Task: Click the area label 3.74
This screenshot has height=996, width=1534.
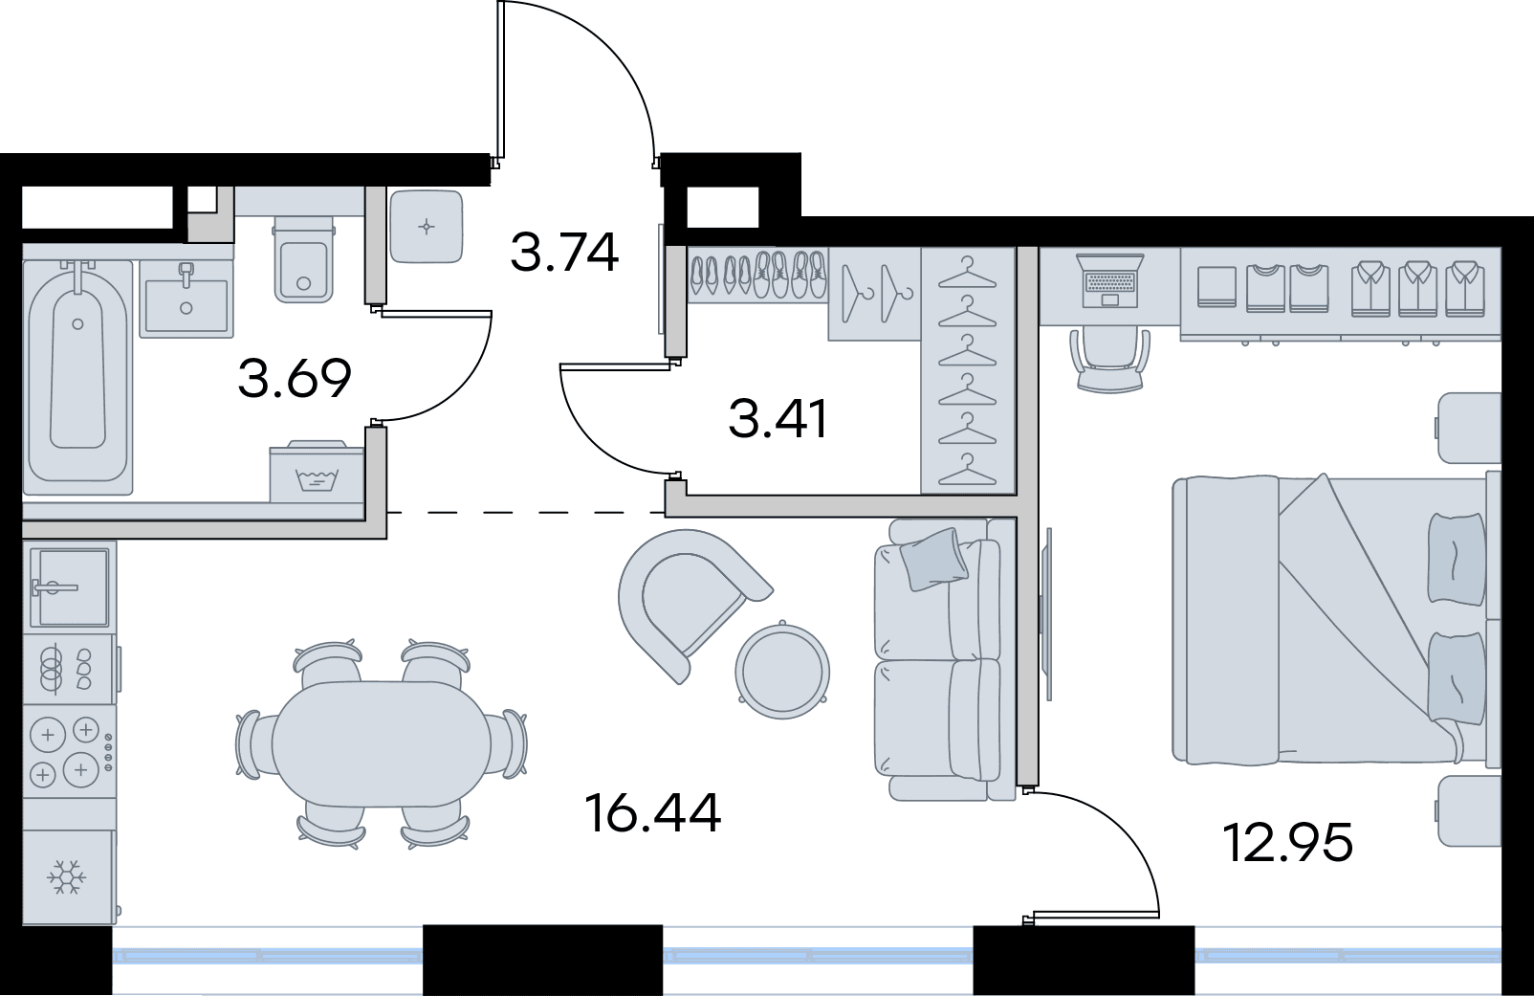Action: [565, 252]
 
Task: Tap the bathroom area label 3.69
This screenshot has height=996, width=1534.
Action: [295, 378]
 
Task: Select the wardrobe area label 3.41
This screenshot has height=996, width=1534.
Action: [778, 419]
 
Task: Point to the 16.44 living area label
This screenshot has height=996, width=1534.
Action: [654, 813]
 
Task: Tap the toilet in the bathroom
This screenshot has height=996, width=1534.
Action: [303, 260]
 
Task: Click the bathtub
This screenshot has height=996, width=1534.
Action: [77, 377]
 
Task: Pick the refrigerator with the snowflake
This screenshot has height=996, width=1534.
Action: [68, 876]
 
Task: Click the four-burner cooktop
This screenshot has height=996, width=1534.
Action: [69, 751]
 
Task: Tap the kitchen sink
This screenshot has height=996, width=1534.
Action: [69, 587]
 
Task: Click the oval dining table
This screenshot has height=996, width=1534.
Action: [382, 744]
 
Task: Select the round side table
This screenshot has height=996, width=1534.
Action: [782, 670]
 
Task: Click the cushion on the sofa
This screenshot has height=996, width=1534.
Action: [933, 559]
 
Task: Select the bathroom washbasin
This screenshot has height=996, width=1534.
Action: [186, 299]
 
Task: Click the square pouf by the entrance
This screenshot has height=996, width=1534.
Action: [426, 226]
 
